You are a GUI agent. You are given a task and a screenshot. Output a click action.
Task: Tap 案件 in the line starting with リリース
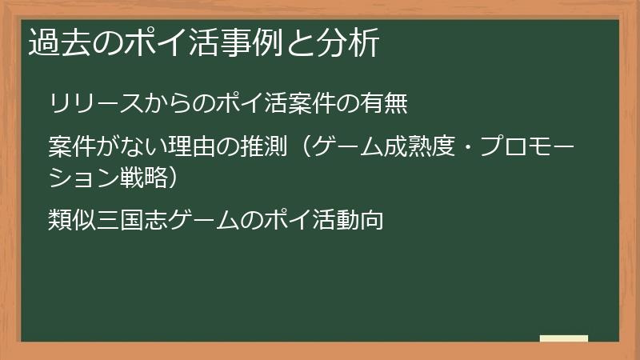[x=314, y=104]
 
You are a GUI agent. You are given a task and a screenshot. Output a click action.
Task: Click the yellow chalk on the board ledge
[x=564, y=338]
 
